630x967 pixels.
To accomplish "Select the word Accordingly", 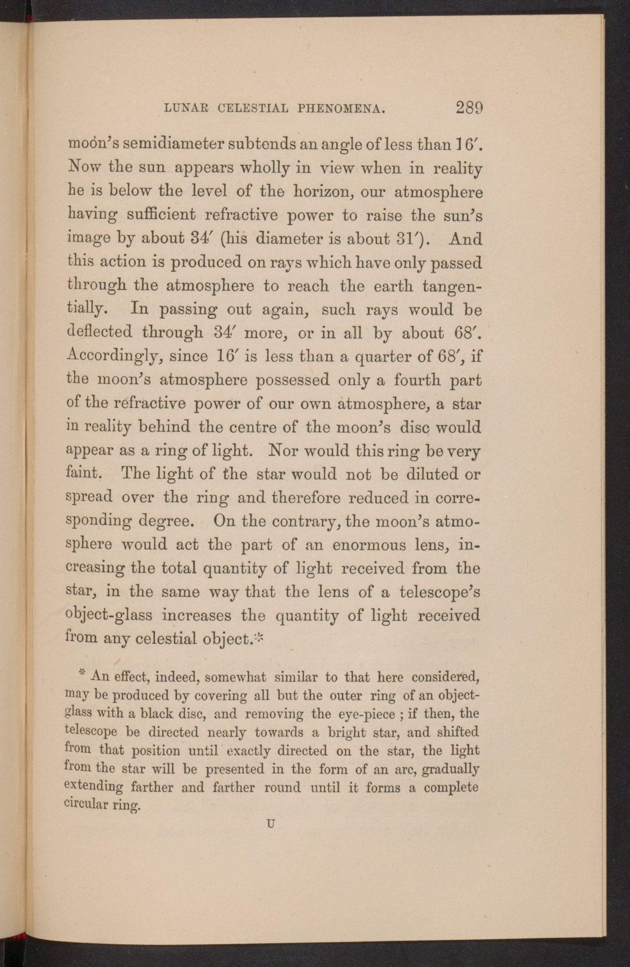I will pos(114,356).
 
